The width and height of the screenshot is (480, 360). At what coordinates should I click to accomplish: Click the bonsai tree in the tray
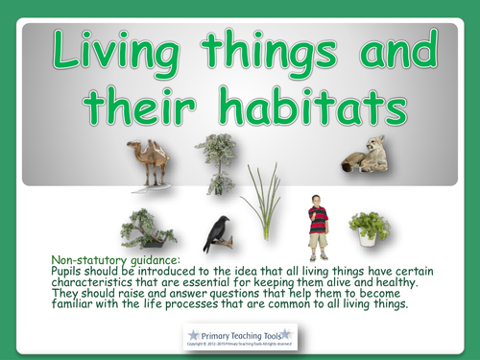point(146,228)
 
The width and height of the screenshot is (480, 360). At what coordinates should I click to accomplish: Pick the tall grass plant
point(262,204)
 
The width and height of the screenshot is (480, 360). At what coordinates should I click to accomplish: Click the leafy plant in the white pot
point(369,228)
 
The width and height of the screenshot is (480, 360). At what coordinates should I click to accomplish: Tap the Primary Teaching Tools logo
point(239,336)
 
